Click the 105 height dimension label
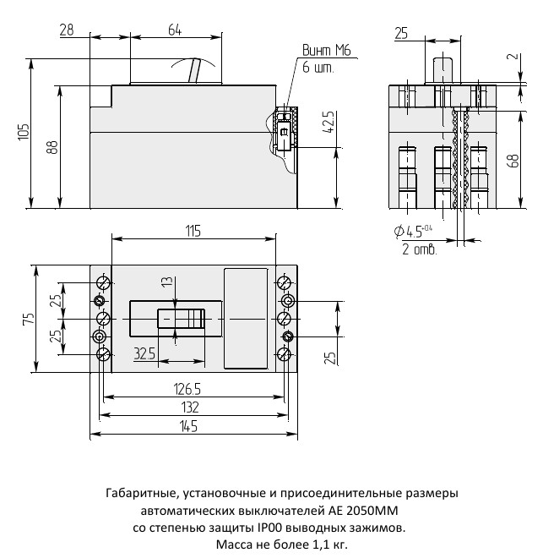click(24, 132)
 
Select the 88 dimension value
click(52, 146)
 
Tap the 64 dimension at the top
click(175, 30)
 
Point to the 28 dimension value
click(67, 30)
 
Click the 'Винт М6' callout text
click(326, 50)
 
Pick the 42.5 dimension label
click(329, 122)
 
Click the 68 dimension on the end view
click(513, 161)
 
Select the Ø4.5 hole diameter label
click(413, 231)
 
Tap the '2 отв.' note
click(419, 249)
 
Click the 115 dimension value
click(193, 231)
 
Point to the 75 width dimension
click(29, 318)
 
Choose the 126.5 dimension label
click(187, 389)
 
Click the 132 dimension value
click(190, 408)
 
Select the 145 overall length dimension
click(188, 426)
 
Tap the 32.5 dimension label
click(144, 353)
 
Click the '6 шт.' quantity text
click(318, 68)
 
